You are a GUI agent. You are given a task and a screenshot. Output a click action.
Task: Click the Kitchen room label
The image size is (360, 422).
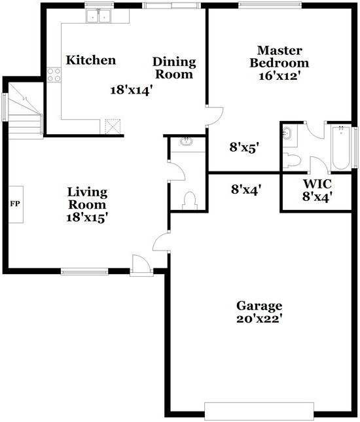point(91,61)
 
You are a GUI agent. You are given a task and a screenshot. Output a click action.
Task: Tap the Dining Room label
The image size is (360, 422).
point(174,68)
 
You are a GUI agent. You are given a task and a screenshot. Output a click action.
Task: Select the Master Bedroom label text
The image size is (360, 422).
point(283,57)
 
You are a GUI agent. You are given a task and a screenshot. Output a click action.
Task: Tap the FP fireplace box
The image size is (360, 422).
point(16,203)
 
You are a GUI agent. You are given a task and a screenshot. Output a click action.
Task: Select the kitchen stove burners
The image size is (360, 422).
point(54,74)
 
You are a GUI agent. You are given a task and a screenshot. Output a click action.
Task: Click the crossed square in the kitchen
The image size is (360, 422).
point(115,125)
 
